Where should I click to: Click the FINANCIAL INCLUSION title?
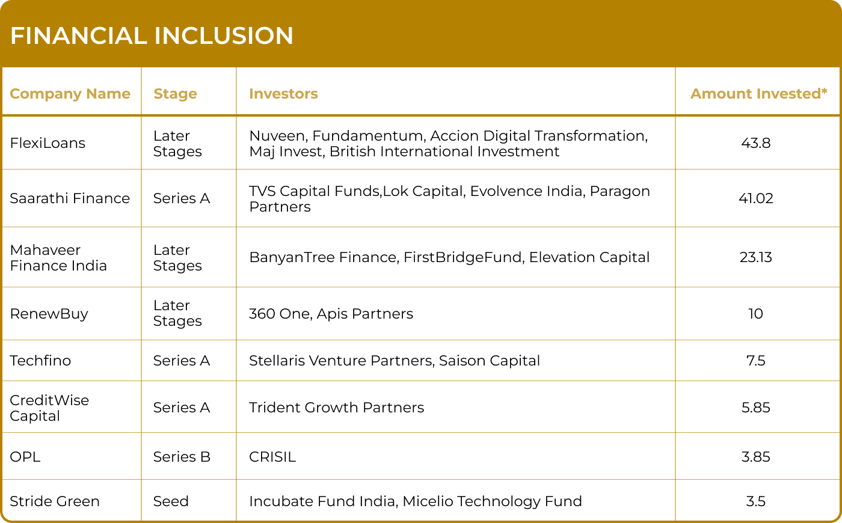152,35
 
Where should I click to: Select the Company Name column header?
70,94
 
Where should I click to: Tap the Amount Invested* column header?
759,94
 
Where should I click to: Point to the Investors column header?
283,94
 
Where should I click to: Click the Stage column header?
175,94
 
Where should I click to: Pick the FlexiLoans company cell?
48,143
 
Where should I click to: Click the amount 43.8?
756,143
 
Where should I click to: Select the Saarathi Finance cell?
70,198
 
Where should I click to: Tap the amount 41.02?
756,198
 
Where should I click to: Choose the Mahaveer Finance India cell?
58,258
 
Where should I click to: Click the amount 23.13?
756,257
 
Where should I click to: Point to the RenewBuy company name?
49,314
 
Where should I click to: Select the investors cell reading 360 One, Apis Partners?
331,314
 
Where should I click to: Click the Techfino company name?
40,361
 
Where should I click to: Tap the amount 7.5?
756,361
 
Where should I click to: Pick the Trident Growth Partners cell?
336,408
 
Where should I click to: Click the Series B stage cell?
182,457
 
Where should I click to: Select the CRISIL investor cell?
272,457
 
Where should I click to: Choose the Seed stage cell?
171,501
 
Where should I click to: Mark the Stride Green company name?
55,501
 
